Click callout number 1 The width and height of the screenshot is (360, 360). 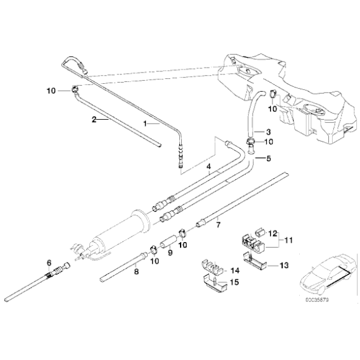point(146,124)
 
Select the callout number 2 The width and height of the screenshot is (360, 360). point(94,119)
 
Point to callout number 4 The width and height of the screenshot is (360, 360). point(209,167)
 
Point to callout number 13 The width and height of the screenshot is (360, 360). point(284,265)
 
